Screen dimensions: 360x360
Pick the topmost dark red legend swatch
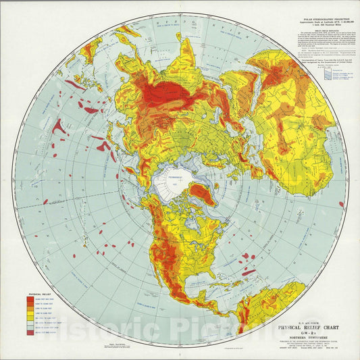32,281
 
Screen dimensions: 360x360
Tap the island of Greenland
196,195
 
